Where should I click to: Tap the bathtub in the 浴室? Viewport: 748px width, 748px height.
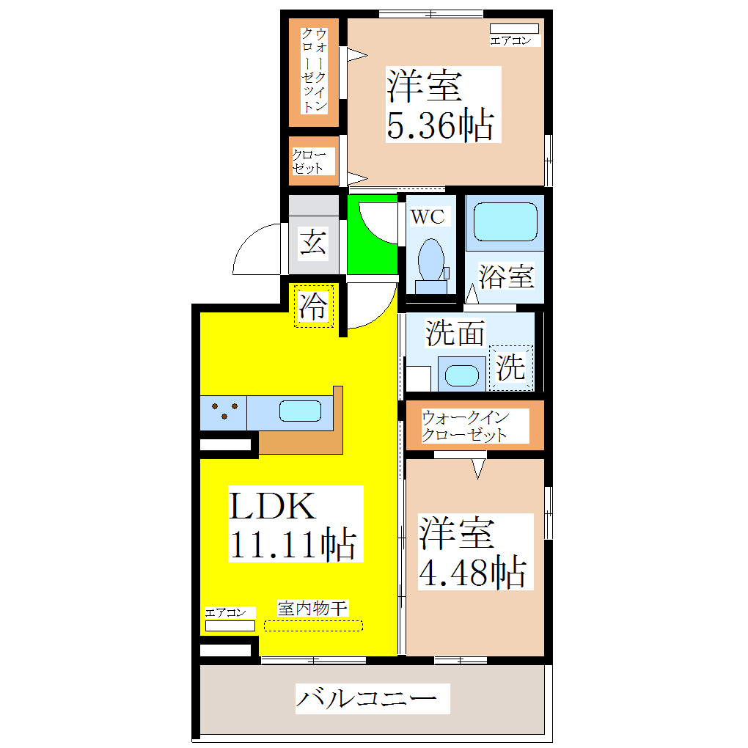click(x=505, y=221)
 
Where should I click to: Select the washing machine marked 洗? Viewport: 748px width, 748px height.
click(x=511, y=367)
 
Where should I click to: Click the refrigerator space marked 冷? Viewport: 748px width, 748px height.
click(x=313, y=307)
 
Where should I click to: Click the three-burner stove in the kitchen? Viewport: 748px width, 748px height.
click(x=223, y=412)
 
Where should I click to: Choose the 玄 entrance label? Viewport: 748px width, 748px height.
click(x=313, y=242)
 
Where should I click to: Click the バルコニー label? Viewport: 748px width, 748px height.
click(x=372, y=699)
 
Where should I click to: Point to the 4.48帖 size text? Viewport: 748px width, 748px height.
click(x=472, y=572)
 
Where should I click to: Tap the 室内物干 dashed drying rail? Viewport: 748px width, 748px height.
click(x=313, y=626)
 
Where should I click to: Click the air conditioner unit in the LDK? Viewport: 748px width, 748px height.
click(x=230, y=626)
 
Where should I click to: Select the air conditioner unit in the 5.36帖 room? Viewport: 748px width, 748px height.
click(x=514, y=29)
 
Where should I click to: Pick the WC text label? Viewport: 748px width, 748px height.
click(x=427, y=216)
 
